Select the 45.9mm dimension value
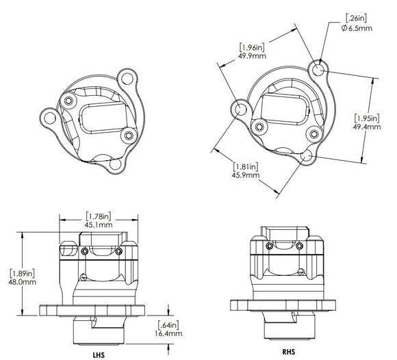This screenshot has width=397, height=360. coord(245,175)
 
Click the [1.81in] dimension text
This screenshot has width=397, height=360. coord(245,165)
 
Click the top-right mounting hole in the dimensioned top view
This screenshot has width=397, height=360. coord(318,68)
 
